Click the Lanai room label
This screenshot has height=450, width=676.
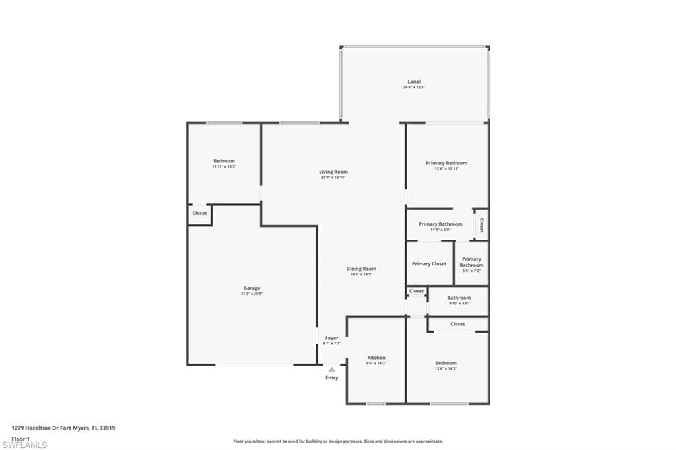(x=414, y=82)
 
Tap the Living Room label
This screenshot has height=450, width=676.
(x=333, y=172)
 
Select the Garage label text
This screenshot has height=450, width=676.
(x=252, y=288)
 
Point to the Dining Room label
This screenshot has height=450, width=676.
(x=361, y=269)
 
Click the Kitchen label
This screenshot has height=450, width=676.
(x=376, y=358)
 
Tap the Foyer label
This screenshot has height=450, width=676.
(x=331, y=338)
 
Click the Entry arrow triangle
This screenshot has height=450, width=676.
(x=331, y=370)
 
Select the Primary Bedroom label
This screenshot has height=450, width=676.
(x=446, y=163)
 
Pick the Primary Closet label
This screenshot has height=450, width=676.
(x=429, y=264)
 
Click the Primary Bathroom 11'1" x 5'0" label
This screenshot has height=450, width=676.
(x=440, y=224)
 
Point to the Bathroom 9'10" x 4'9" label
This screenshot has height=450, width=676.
(x=459, y=298)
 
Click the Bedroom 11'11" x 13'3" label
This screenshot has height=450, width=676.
(x=224, y=161)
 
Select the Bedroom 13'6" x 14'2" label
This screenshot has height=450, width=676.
(x=446, y=363)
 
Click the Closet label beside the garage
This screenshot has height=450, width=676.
(x=199, y=213)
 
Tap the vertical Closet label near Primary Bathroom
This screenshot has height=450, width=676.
(x=481, y=224)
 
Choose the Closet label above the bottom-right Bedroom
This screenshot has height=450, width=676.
(x=457, y=324)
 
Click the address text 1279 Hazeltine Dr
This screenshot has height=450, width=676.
(x=63, y=428)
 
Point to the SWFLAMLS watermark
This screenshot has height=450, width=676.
(x=24, y=445)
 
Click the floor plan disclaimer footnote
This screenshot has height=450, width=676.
(x=337, y=441)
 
